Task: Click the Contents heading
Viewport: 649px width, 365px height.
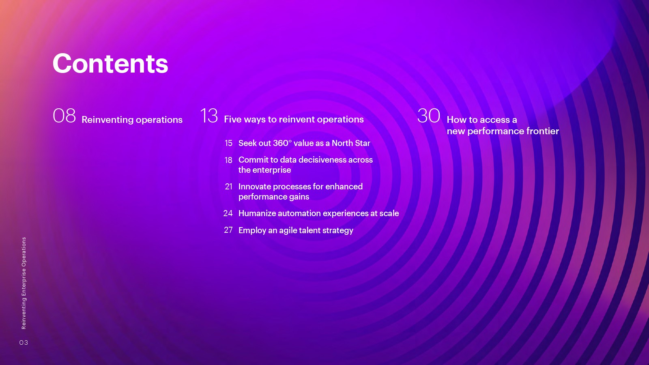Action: click(x=110, y=63)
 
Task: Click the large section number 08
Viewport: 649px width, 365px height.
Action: click(x=64, y=116)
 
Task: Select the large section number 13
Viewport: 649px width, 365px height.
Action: click(x=209, y=116)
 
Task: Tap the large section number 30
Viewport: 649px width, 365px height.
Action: click(x=429, y=116)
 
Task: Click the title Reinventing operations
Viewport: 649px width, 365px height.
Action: click(x=132, y=120)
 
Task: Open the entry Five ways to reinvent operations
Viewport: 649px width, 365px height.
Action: click(x=294, y=119)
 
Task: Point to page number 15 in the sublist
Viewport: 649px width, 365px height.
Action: click(x=229, y=143)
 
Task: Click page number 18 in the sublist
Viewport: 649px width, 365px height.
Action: click(x=229, y=160)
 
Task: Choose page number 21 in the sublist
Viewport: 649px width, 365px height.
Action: click(x=229, y=187)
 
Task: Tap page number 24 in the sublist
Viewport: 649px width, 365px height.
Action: click(x=228, y=213)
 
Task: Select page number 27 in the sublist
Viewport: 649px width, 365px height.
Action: click(x=228, y=230)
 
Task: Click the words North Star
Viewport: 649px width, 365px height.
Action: click(x=351, y=143)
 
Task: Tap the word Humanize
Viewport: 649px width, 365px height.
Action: click(x=257, y=213)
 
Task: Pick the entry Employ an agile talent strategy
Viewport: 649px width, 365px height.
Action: click(x=296, y=230)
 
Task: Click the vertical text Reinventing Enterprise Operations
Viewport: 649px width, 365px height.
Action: click(x=24, y=283)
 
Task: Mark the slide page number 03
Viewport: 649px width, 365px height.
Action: click(x=24, y=343)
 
